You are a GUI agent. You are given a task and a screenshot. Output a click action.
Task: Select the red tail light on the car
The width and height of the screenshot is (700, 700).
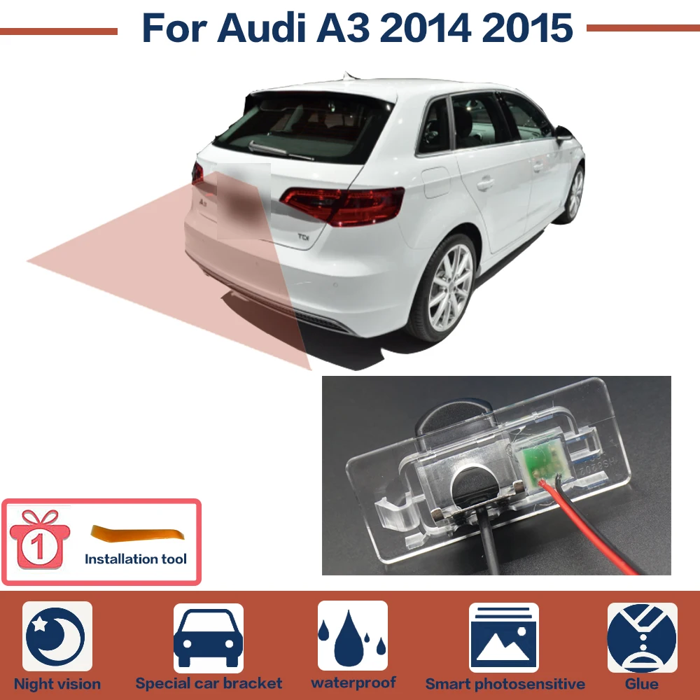tap(343, 204)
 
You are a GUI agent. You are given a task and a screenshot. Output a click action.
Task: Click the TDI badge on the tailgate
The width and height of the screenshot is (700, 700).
tap(304, 237)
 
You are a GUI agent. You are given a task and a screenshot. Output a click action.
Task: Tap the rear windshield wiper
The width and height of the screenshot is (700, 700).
tap(281, 148)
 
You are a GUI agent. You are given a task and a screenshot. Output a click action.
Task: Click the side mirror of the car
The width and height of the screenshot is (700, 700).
tap(563, 133)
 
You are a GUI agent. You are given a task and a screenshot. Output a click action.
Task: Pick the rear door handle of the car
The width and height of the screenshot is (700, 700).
tap(485, 184)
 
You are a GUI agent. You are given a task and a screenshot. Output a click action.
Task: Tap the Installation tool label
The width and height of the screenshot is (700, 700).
tap(136, 559)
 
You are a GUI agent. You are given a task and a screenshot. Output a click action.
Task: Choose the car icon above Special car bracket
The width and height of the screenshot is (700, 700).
tap(208, 638)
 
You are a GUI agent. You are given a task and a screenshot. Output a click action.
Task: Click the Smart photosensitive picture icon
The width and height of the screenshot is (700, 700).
tap(504, 638)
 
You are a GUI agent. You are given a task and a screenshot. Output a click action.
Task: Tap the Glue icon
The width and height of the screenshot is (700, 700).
tap(642, 638)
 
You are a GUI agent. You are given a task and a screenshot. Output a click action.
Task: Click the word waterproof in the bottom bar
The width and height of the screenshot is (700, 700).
tap(353, 682)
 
